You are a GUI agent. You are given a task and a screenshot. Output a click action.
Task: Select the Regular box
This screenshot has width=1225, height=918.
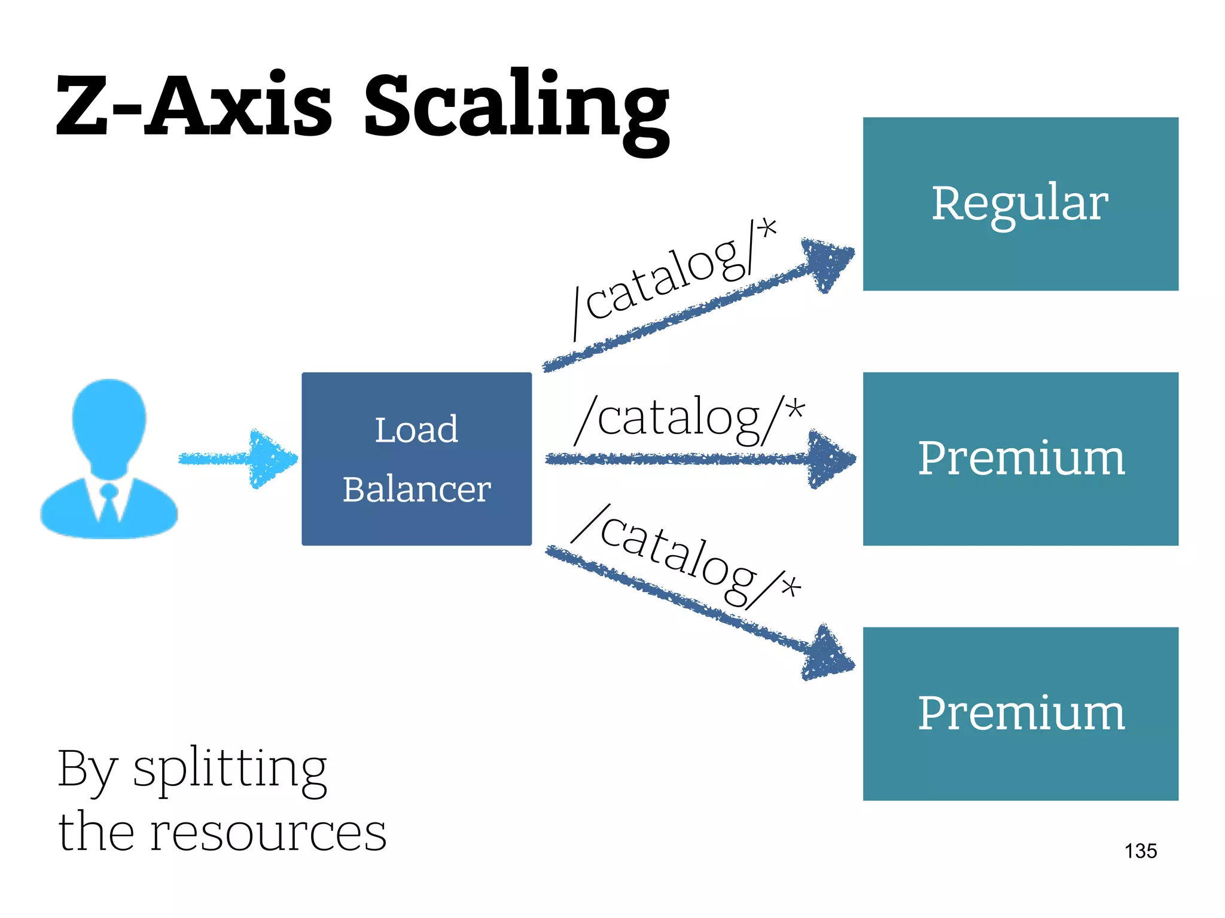1020,204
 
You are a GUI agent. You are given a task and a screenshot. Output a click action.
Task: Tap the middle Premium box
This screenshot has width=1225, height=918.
1020,458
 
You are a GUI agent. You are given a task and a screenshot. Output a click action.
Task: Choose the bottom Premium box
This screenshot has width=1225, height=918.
1020,713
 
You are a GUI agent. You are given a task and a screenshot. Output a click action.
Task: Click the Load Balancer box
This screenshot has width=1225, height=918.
416,458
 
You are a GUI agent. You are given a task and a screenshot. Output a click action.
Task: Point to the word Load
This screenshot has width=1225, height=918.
416,430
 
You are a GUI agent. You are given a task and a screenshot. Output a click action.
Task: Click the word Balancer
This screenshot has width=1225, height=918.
416,489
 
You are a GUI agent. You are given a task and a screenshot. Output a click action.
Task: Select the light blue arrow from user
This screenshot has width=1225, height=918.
239,458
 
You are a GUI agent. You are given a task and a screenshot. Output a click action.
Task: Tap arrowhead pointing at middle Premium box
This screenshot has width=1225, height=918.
828,459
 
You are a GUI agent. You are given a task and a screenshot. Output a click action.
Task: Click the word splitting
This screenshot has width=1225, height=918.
230,769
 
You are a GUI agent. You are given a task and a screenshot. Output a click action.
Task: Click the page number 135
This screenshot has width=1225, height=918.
1140,850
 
